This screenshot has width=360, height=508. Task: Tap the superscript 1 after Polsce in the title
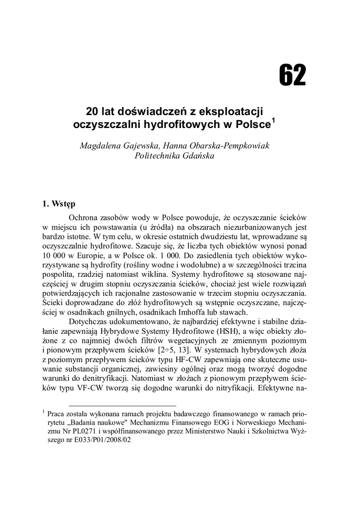(273, 121)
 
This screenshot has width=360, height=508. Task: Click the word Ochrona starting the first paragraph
(86, 218)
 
